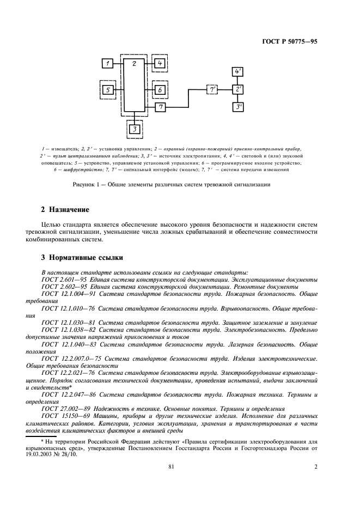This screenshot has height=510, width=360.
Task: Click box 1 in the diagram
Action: click(108, 64)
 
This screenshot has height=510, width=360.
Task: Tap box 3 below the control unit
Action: click(134, 129)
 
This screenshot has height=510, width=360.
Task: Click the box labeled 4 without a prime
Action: click(160, 64)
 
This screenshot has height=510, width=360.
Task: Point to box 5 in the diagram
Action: click(108, 89)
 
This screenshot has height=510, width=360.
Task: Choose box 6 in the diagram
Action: click(160, 89)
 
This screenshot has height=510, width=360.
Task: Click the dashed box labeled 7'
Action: click(212, 89)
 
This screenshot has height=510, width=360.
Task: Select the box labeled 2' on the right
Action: click(239, 89)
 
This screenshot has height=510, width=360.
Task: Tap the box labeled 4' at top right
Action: click(239, 72)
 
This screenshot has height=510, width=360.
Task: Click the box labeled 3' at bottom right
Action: click(239, 107)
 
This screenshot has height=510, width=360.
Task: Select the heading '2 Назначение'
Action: click(58, 209)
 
